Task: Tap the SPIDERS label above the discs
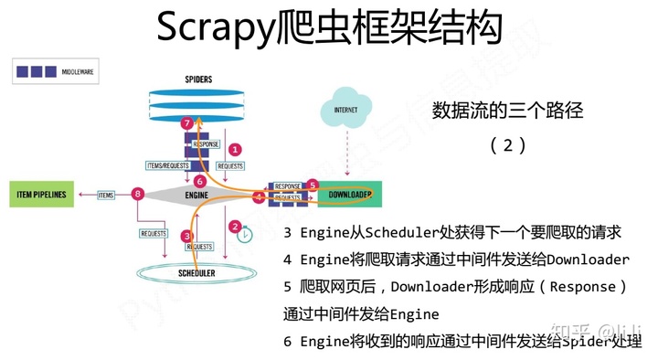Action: pyautogui.click(x=198, y=79)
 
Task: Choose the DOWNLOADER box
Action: pyautogui.click(x=348, y=195)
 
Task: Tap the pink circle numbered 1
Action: pyautogui.click(x=235, y=148)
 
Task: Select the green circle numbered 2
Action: pyautogui.click(x=235, y=226)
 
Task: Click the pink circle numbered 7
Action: pyautogui.click(x=186, y=122)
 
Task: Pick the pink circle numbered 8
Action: pyautogui.click(x=138, y=194)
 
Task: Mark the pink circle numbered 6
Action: pyautogui.click(x=200, y=181)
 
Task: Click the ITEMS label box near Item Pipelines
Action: pyautogui.click(x=106, y=195)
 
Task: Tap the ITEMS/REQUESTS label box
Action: pyautogui.click(x=168, y=165)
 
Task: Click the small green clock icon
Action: pyautogui.click(x=244, y=235)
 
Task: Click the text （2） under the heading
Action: pyautogui.click(x=506, y=144)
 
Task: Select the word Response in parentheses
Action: pyautogui.click(x=578, y=286)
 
